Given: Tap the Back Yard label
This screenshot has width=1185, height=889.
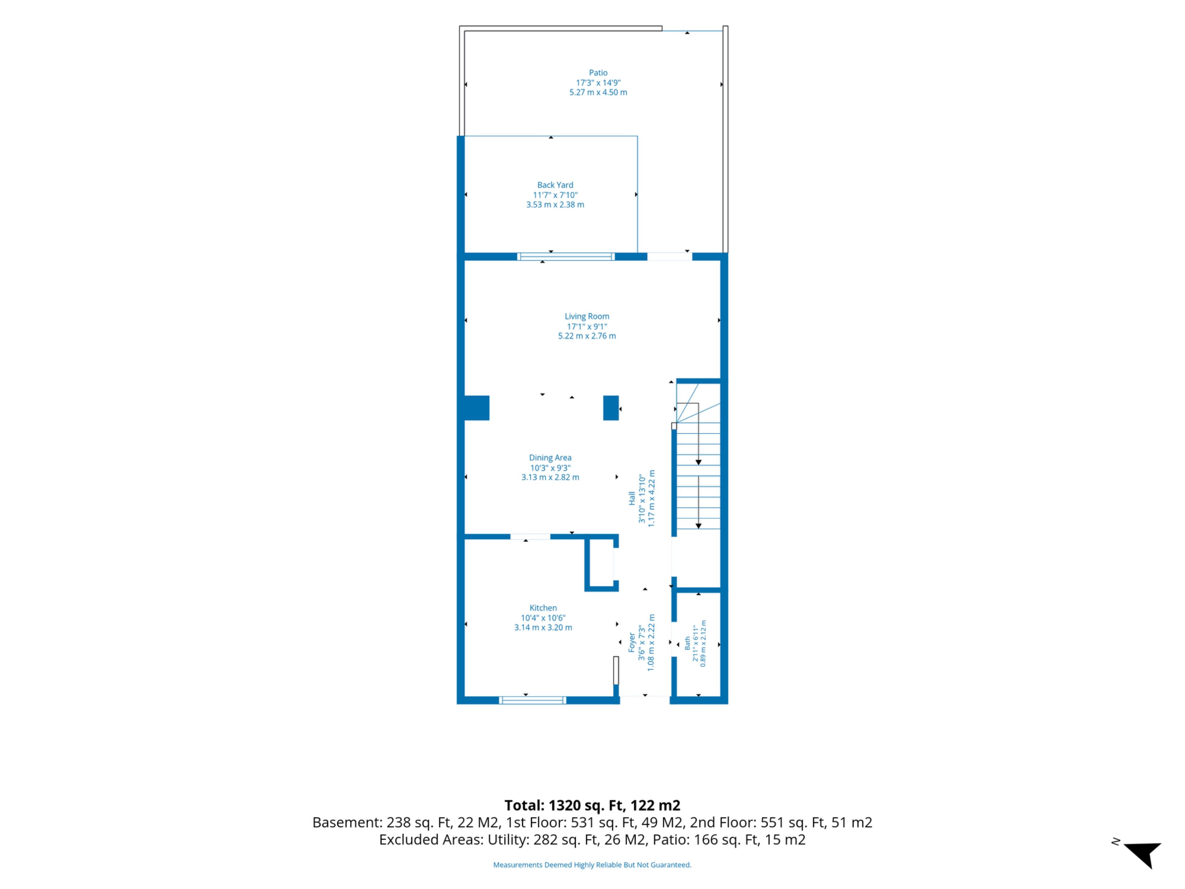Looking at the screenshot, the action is point(555,185).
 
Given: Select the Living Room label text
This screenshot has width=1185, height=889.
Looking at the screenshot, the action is point(587,316).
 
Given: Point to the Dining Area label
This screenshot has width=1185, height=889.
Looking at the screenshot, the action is point(550,458).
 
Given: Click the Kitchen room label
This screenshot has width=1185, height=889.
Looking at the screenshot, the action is point(543,608).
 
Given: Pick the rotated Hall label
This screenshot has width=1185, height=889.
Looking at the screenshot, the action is point(632,498).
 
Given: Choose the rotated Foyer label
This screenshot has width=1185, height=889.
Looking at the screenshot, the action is point(632,642).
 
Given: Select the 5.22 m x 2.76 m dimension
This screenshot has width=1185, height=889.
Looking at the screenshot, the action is point(587,336).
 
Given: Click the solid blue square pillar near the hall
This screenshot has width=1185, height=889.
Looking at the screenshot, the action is point(611,408).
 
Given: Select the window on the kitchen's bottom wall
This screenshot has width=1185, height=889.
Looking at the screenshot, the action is point(533,700).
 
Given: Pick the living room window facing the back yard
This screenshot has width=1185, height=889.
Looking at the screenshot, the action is point(566,257).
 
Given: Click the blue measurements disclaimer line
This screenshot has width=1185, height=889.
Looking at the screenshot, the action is point(592,865).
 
